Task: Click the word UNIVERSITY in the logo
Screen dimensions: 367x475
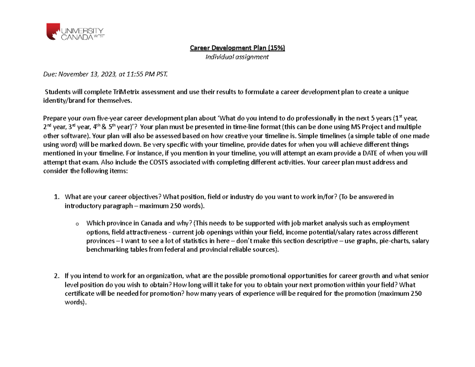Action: pyautogui.click(x=82, y=30)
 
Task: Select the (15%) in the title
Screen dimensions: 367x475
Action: pyautogui.click(x=276, y=48)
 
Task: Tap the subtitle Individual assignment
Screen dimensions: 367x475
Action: pyautogui.click(x=237, y=57)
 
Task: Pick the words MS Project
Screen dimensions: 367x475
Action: pyautogui.click(x=366, y=127)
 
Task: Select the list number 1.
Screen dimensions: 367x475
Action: pyautogui.click(x=57, y=197)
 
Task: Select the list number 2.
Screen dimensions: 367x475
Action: pyautogui.click(x=57, y=276)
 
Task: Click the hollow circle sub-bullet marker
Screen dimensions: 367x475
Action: pyautogui.click(x=76, y=224)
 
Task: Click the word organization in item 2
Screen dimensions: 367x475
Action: pyautogui.click(x=163, y=276)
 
